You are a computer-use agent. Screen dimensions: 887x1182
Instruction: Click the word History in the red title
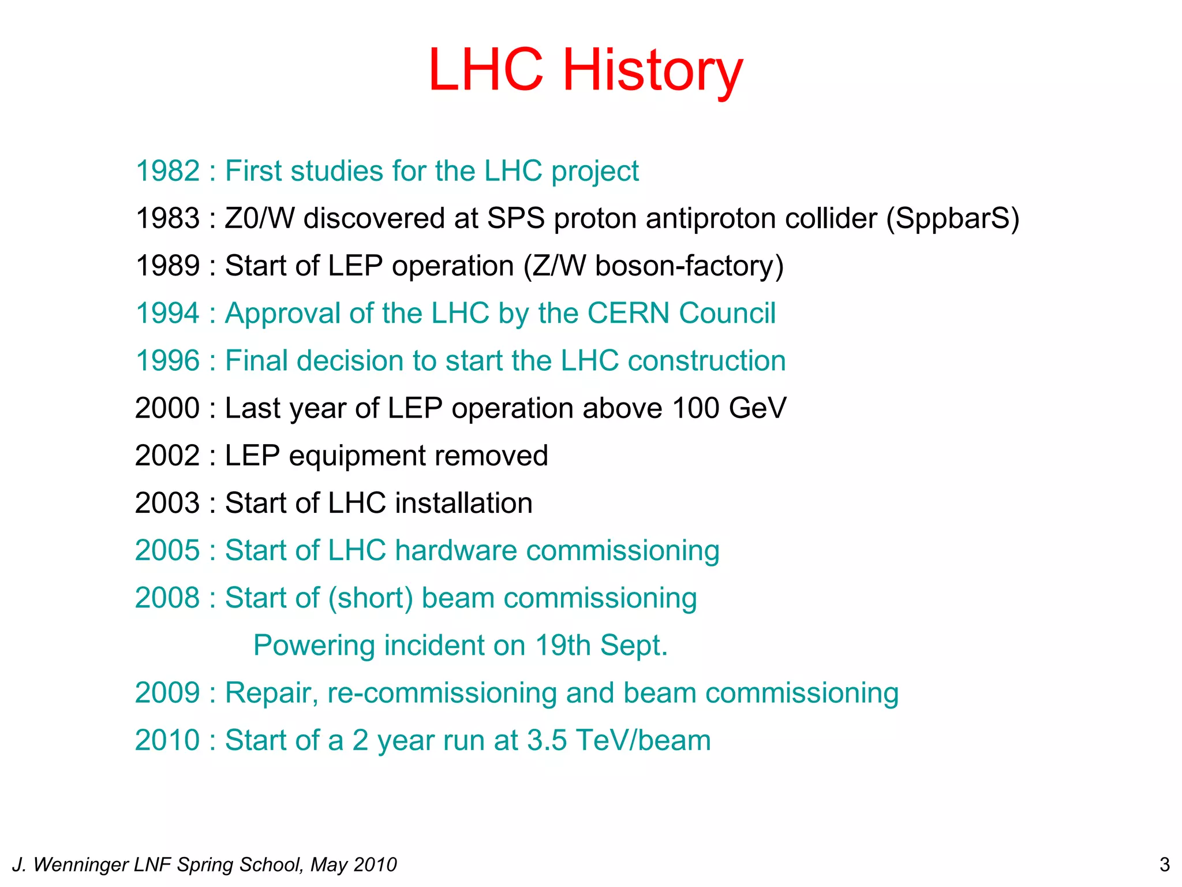coord(652,70)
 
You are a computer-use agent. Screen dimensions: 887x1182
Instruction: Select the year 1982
coord(167,171)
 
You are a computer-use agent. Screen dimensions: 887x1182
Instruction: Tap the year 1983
coord(167,218)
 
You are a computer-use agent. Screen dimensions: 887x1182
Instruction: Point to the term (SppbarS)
coord(953,218)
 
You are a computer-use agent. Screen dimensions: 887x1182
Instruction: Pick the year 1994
coord(167,314)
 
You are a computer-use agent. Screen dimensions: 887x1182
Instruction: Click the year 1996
coord(167,361)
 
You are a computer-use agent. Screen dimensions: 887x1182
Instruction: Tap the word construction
coord(706,361)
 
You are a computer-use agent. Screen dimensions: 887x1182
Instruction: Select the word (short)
coord(371,598)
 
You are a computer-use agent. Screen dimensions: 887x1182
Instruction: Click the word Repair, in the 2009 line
coord(271,693)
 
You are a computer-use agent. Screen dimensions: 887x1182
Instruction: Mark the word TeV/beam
coord(644,740)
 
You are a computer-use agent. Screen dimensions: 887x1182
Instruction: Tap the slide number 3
coord(1164,864)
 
